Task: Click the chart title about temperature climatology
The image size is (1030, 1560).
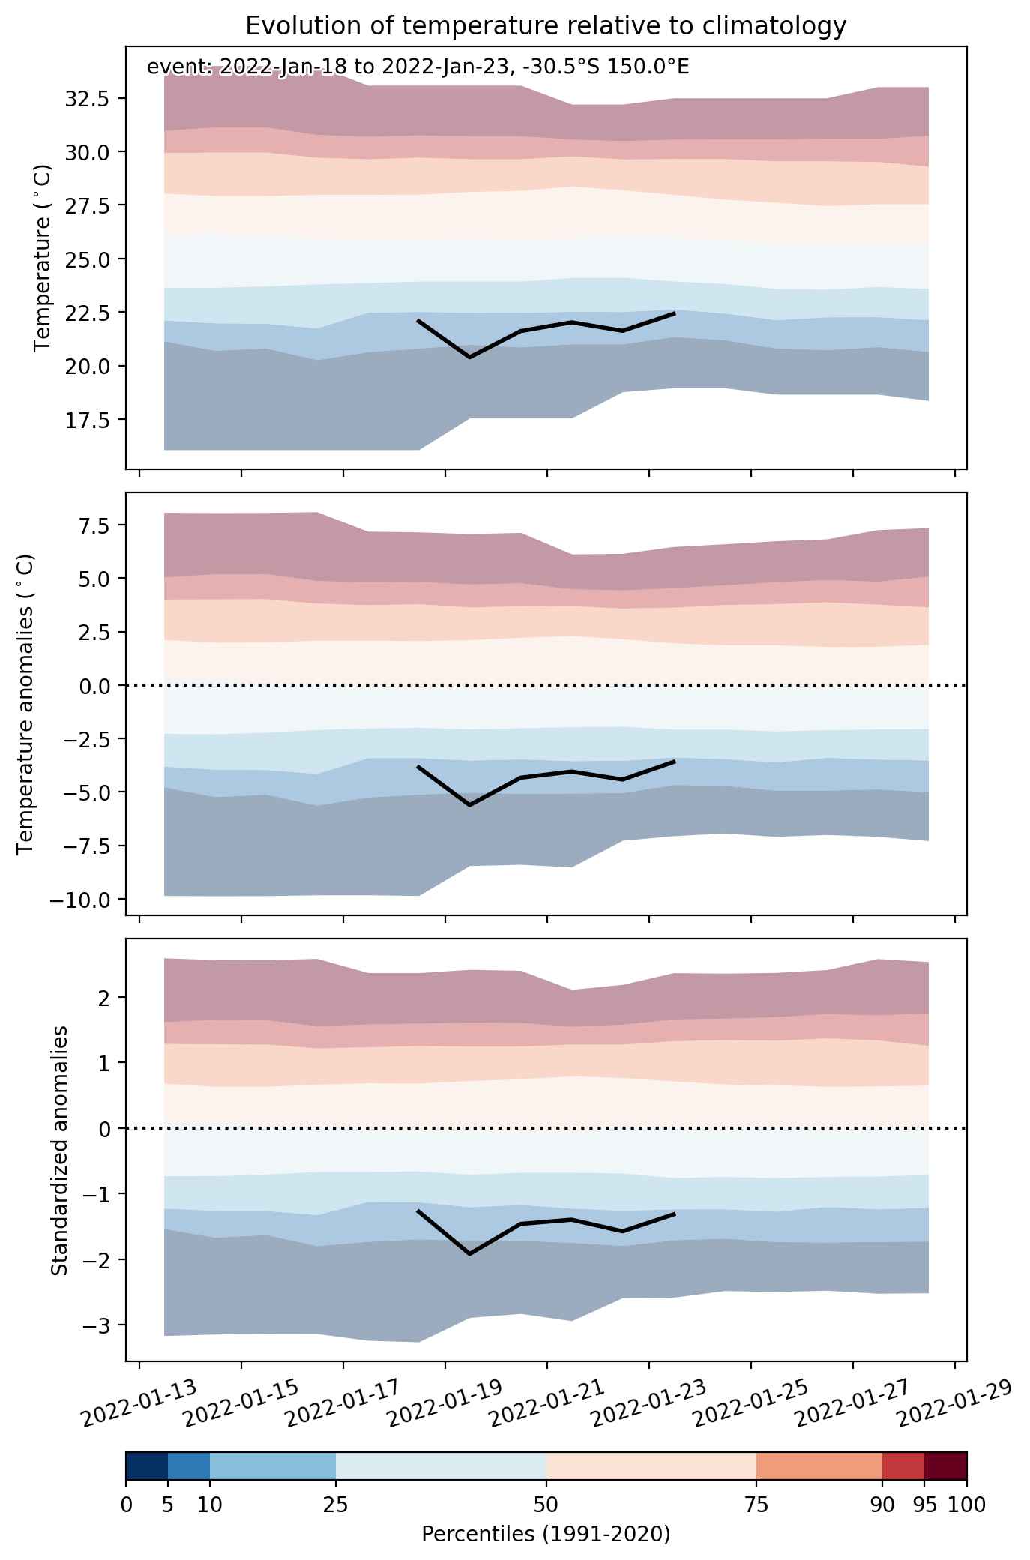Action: [546, 26]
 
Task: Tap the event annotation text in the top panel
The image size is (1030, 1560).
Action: [418, 67]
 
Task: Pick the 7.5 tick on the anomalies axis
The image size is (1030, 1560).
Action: [94, 525]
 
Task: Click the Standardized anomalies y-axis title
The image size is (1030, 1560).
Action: [60, 1150]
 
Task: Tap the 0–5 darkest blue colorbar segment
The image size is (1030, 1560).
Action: [147, 1466]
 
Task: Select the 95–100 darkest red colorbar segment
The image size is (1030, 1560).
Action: [945, 1466]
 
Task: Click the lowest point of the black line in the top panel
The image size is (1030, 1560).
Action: [470, 358]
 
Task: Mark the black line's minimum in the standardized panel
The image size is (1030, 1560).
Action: [470, 1254]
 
